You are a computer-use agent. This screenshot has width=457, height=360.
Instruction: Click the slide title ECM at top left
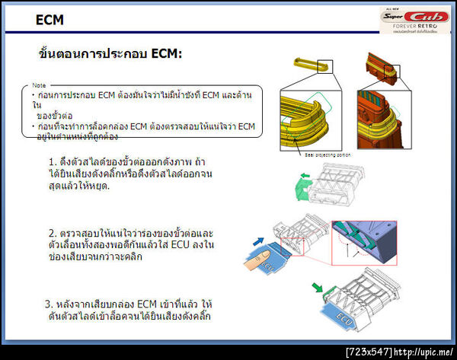click(50, 21)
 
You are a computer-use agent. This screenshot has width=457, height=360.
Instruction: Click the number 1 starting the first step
click(52, 163)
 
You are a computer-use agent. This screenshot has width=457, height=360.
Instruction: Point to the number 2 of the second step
click(52, 233)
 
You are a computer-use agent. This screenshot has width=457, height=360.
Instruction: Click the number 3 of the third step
click(49, 304)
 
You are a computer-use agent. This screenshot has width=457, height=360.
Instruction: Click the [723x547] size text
click(369, 352)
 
